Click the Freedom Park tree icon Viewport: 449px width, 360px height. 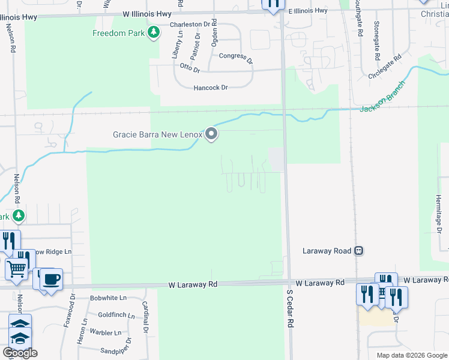pyautogui.click(x=154, y=32)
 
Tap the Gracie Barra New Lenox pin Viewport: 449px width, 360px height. pyautogui.click(x=211, y=134)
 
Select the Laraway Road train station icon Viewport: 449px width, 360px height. pyautogui.click(x=359, y=251)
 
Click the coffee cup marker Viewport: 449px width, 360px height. pyautogui.click(x=52, y=279)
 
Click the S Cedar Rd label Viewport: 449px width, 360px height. pyautogui.click(x=289, y=310)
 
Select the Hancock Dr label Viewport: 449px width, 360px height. pyautogui.click(x=211, y=88)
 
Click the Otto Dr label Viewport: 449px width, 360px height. pyautogui.click(x=189, y=68)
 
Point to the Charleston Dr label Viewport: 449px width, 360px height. pyautogui.click(x=193, y=25)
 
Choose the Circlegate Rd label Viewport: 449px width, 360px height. pyautogui.click(x=385, y=68)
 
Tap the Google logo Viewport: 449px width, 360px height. pyautogui.click(x=20, y=353)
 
